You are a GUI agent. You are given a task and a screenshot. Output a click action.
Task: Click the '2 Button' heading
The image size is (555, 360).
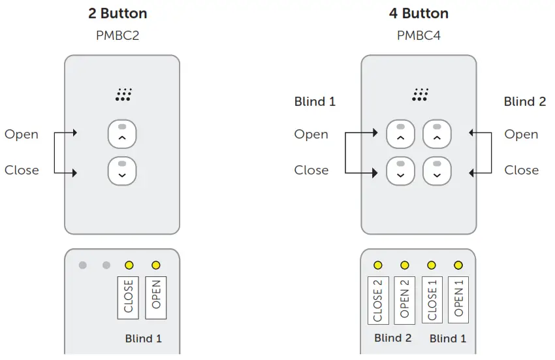118,14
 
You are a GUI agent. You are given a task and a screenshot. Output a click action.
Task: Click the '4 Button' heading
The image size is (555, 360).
419,14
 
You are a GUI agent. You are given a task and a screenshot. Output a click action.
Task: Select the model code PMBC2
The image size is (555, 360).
118,35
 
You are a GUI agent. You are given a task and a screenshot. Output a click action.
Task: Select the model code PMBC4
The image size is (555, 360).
419,35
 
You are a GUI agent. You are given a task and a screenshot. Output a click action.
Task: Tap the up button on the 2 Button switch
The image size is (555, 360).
122,135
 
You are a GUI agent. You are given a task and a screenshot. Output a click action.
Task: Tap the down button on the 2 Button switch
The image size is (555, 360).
122,171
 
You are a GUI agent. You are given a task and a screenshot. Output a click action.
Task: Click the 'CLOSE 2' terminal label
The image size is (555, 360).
378,300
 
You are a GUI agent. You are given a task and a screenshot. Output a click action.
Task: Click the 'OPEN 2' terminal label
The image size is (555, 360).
405,300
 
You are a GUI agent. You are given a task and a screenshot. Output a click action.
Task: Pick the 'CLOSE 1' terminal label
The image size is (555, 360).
432,300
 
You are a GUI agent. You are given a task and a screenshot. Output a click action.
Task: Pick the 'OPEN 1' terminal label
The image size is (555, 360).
458,300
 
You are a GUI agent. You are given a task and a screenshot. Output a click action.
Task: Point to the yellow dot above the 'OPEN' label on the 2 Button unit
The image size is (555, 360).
155,265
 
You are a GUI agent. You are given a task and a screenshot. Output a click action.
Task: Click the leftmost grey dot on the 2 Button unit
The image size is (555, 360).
82,265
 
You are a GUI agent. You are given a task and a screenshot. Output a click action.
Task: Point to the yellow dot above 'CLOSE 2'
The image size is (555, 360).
378,265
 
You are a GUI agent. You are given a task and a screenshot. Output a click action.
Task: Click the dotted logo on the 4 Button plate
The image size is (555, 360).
420,95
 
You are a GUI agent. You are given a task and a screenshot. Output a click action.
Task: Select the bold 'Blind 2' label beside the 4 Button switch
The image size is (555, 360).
524,102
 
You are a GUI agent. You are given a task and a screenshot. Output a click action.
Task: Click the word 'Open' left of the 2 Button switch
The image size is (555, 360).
22,135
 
